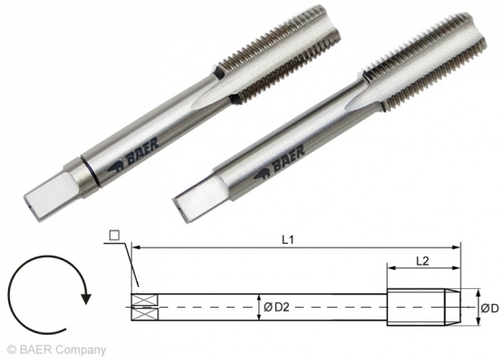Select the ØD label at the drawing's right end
489,308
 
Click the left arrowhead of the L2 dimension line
390,266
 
